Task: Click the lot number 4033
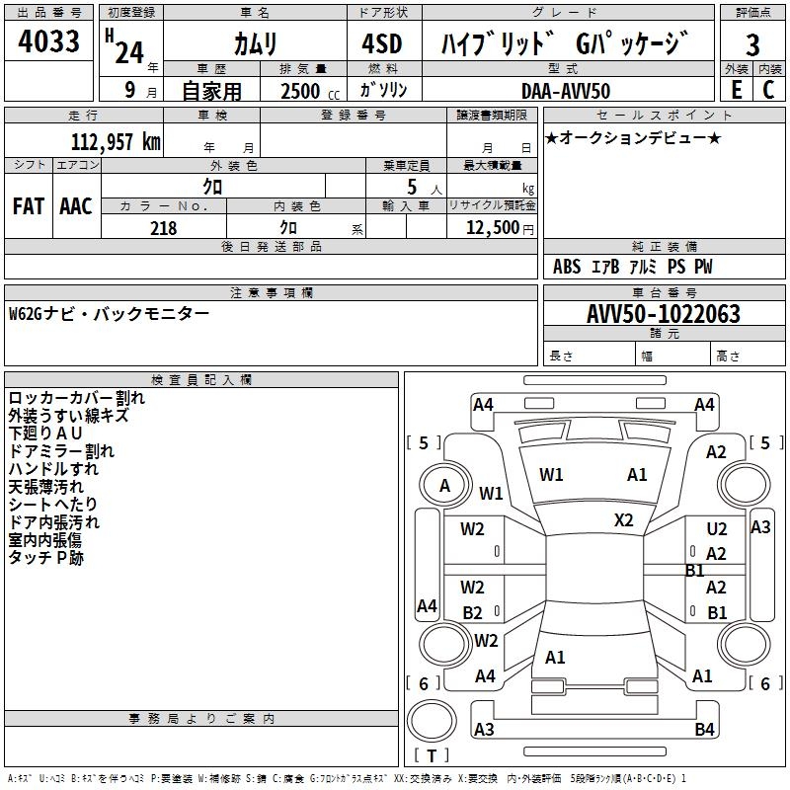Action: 49,43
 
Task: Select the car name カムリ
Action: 255,44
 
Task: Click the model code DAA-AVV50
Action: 566,91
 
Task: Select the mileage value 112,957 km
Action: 116,141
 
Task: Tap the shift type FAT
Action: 28,206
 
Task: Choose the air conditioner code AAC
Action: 75,206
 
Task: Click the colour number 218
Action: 163,228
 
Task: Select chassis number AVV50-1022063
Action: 664,314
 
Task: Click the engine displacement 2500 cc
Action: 306,91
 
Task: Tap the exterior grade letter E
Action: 736,90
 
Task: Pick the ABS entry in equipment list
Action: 567,267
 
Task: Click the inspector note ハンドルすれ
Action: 53,469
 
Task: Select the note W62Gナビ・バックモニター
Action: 109,314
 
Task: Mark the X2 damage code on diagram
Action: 624,519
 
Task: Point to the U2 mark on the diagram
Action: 717,530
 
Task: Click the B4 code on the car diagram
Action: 704,730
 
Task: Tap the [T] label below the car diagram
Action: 432,756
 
